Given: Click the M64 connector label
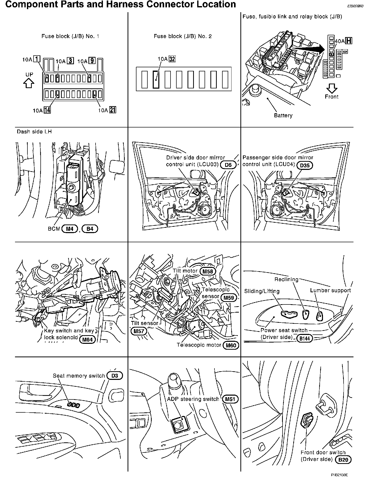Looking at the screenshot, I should pos(87,339).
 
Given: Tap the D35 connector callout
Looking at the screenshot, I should pos(305,165).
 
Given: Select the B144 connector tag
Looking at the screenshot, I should pos(304,338).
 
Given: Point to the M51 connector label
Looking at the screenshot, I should pos(230,399).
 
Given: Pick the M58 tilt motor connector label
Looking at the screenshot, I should pos(208,271).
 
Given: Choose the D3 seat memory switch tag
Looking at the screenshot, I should pos(115,376).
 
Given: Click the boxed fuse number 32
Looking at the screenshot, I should pos(172,59).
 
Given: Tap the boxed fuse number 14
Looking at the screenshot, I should pos(47,110).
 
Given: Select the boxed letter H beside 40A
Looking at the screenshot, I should pos(349,41).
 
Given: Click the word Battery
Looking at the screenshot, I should pos(283,116).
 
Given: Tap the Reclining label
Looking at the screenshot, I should pos(286,279).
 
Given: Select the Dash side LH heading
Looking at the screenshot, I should pos(34,132).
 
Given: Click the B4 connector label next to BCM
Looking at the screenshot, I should pos(90,229).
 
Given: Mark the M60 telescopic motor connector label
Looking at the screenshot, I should pos(231,346).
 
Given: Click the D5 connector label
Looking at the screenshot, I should pos(228,165).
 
